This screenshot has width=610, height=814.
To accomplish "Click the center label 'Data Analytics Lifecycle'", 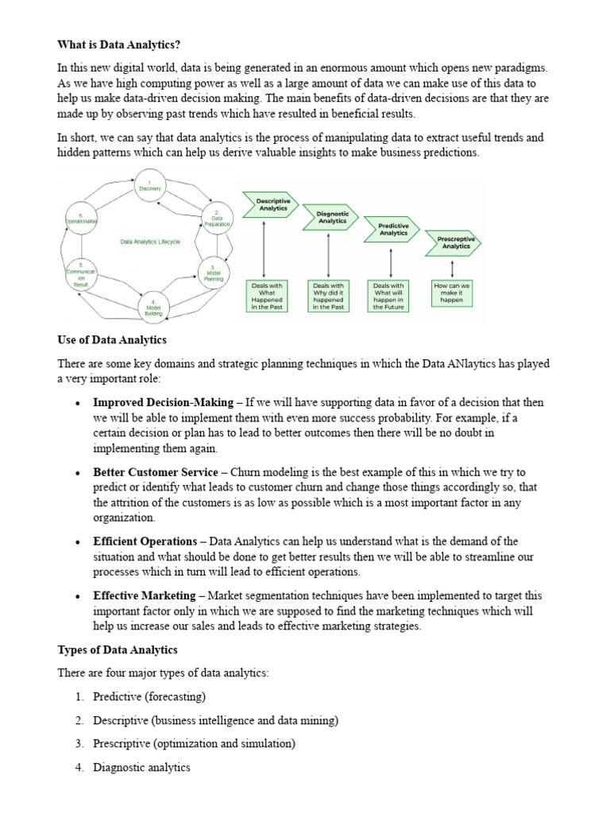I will click(150, 241).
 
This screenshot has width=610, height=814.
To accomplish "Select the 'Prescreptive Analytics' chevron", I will click(456, 242).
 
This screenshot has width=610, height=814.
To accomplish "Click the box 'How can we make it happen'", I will click(451, 292).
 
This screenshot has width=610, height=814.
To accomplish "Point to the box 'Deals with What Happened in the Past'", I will click(266, 296).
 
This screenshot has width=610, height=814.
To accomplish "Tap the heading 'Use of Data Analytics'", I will click(112, 340).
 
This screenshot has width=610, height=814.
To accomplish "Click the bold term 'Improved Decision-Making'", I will click(163, 403).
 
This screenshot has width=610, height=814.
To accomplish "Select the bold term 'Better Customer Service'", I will click(156, 472).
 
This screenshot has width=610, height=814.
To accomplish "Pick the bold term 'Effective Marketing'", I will click(144, 595).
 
